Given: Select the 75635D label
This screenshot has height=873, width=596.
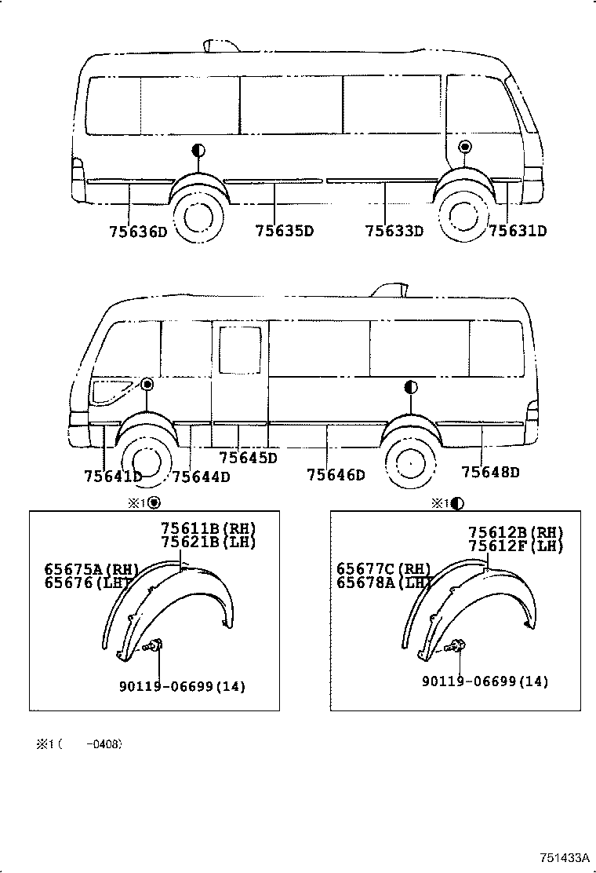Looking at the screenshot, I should [284, 231].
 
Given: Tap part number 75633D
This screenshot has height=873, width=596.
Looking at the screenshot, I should [394, 231].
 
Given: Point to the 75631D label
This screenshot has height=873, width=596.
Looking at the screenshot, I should [518, 231].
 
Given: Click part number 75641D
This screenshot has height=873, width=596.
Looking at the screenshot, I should [113, 477].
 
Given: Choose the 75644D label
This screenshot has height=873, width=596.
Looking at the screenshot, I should [201, 477].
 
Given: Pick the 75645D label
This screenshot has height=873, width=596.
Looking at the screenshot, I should [248, 458].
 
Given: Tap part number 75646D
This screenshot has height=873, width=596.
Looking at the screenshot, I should [336, 475].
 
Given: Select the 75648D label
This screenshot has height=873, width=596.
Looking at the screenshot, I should [490, 472].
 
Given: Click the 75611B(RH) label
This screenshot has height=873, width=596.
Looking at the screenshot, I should [209, 528].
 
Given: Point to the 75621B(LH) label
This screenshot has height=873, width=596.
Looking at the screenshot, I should [209, 542].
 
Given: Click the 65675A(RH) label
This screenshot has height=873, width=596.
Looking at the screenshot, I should [92, 569].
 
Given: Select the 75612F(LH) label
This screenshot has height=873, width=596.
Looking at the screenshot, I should [516, 546].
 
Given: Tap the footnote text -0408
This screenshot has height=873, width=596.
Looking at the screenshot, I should [104, 743].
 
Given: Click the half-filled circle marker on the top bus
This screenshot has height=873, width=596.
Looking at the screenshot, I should [198, 149].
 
